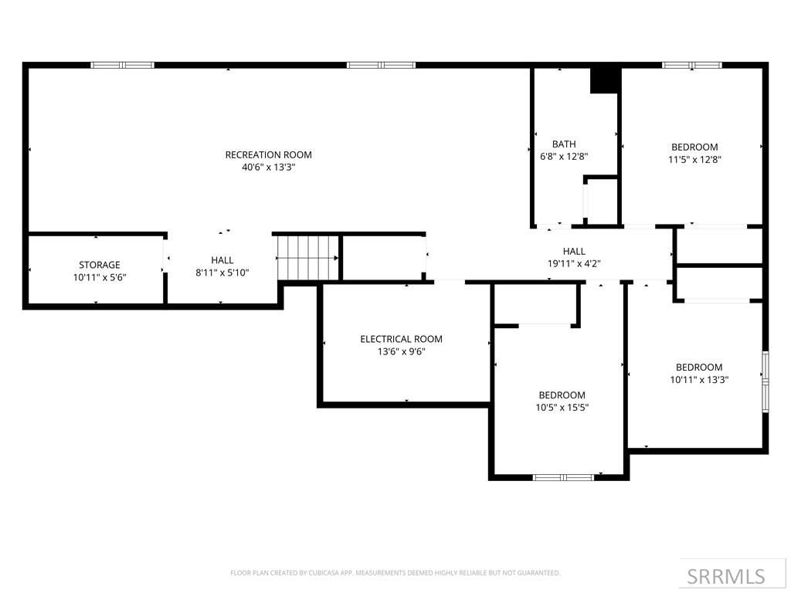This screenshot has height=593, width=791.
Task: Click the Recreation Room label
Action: pos(268,154)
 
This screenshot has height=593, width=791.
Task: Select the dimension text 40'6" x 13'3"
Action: pos(268,167)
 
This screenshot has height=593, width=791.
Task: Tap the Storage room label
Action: pos(100,265)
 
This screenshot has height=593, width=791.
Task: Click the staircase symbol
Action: pos(308,258)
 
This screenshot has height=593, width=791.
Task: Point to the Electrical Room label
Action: pos(401,339)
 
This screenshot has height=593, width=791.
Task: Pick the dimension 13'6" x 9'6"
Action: pos(401,351)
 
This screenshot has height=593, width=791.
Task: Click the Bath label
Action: pos(564,144)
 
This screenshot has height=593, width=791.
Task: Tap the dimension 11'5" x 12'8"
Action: pos(694,159)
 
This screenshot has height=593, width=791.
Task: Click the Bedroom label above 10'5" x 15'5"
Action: pos(562,395)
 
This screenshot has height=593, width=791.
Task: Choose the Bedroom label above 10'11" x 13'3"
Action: pos(699,367)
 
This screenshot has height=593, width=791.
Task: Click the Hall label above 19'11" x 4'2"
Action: pos(574,251)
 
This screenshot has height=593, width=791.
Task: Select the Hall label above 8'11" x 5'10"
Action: pos(222,260)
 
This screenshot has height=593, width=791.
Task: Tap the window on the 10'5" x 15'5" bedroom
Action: pos(563,477)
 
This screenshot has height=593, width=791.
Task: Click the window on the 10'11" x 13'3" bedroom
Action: pos(765,380)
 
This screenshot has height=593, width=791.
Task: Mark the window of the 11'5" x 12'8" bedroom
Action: pos(691,65)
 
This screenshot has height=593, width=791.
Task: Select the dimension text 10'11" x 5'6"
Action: pos(100,277)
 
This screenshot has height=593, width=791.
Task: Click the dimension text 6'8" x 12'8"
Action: pos(564,156)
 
